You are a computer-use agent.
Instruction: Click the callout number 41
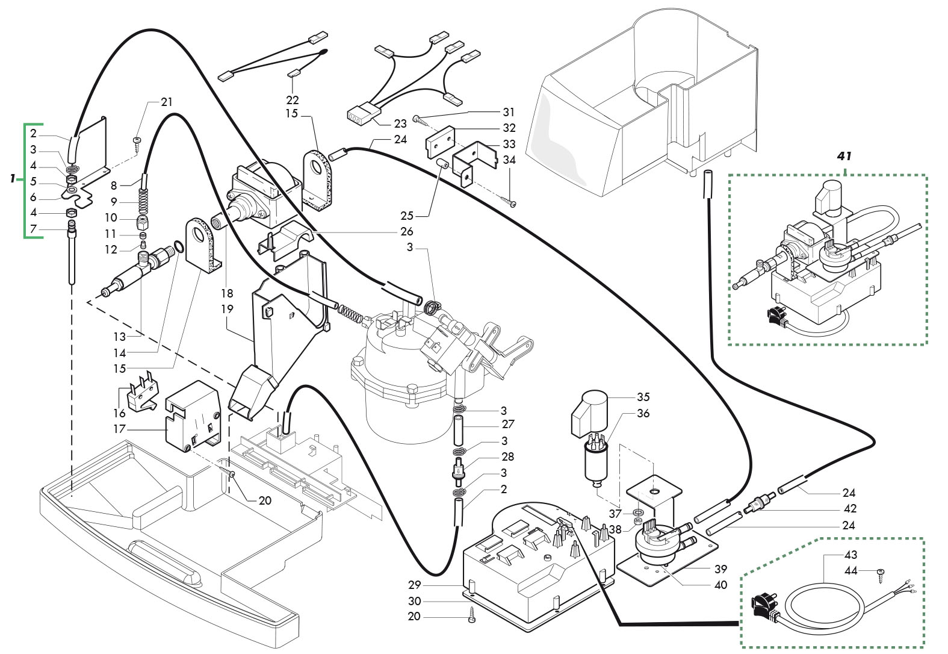pyautogui.click(x=844, y=156)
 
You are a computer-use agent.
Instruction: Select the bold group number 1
pyautogui.click(x=12, y=179)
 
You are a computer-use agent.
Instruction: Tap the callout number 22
pyautogui.click(x=293, y=99)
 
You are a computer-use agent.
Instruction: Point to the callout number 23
pyautogui.click(x=400, y=123)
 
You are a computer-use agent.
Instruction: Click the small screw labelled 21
pyautogui.click(x=137, y=141)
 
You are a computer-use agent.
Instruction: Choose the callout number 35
pyautogui.click(x=643, y=397)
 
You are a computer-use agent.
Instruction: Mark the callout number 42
pyautogui.click(x=850, y=509)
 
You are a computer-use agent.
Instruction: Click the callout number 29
pyautogui.click(x=414, y=585)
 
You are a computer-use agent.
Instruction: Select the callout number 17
pyautogui.click(x=120, y=429)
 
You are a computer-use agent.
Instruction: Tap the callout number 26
pyautogui.click(x=407, y=231)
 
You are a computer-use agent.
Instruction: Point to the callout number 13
pyautogui.click(x=120, y=337)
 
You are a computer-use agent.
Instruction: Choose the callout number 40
pyautogui.click(x=720, y=585)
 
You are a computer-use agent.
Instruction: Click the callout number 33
pyautogui.click(x=509, y=144)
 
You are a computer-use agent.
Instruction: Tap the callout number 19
pyautogui.click(x=227, y=309)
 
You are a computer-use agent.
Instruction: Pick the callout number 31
pyautogui.click(x=509, y=112)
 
